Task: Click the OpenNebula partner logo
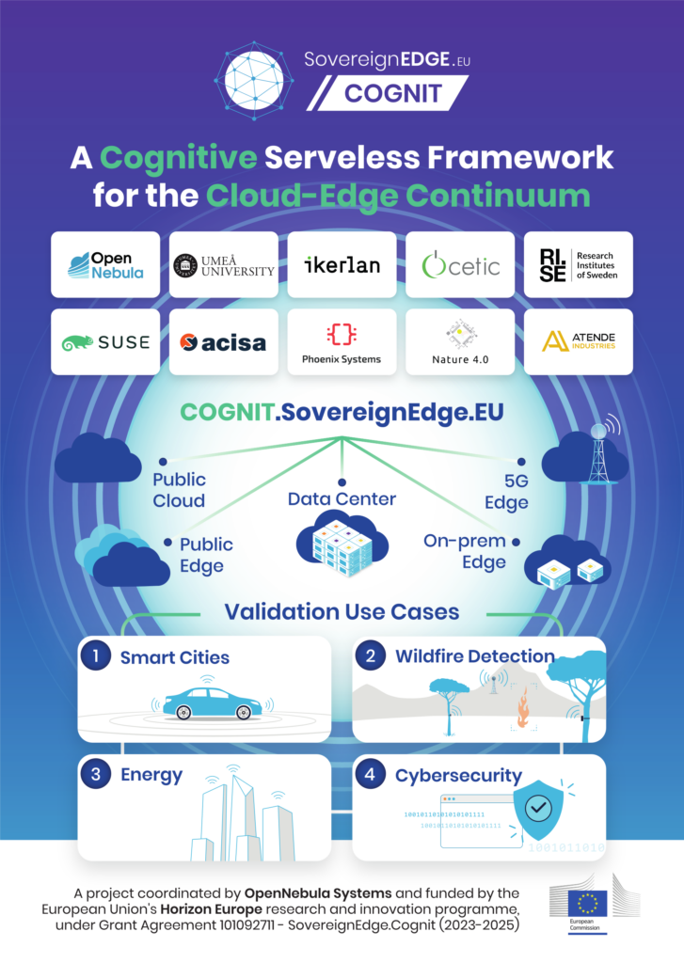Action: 105,264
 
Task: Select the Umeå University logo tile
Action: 224,264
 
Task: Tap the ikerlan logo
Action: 342,264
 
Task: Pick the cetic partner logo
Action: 460,264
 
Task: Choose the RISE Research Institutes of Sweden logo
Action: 578,264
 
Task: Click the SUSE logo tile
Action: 105,341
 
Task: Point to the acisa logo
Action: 224,341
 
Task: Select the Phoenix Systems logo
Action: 342,341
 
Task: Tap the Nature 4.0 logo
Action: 460,341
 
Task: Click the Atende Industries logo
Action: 578,341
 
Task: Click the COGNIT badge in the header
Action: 388,94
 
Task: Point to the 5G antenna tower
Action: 597,450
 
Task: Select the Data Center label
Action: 342,498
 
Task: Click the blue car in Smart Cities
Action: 211,703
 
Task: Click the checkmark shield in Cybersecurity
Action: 537,806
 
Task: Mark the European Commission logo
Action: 588,906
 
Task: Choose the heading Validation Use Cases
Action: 342,612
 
